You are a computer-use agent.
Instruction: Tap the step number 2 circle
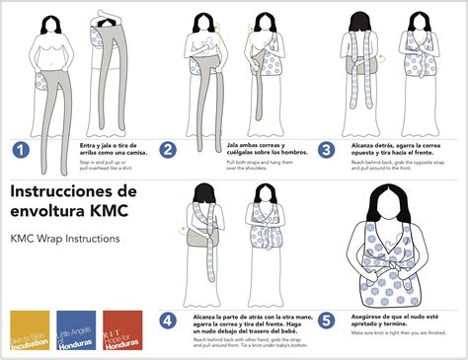pos(169,150)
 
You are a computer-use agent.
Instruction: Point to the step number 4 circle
pos(169,319)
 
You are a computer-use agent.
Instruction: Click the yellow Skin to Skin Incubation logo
pos(29,329)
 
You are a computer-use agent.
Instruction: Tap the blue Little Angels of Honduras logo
pos(76,329)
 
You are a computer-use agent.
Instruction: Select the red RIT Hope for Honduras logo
pos(122,329)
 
